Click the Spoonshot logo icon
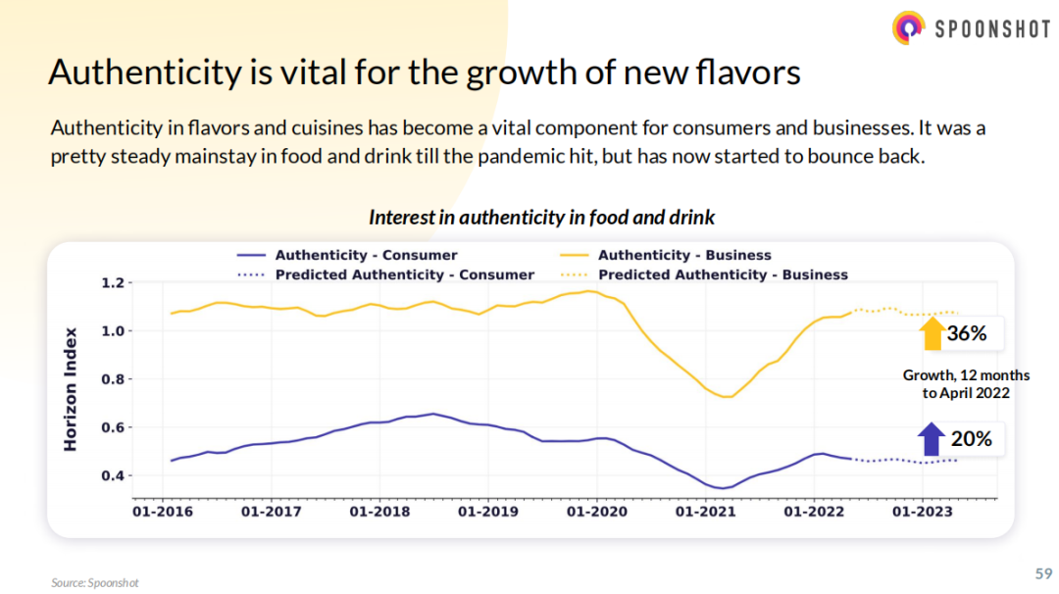909,27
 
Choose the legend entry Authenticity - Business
684,255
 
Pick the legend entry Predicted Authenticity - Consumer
405,274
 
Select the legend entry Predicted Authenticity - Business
723,274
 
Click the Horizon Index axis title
71,388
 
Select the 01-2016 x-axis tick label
162,512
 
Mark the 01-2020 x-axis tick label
596,512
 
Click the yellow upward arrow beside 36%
931,334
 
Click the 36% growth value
967,334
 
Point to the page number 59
1044,572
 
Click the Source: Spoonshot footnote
95,582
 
